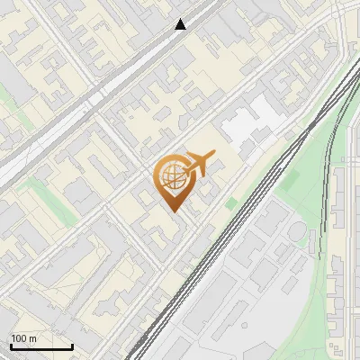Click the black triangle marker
click(x=181, y=24)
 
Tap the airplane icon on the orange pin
click(x=198, y=165)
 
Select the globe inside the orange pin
click(x=171, y=178)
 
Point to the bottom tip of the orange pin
click(x=173, y=211)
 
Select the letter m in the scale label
click(x=33, y=339)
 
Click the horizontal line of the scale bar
click(x=41, y=347)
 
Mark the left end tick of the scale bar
click(x=10, y=346)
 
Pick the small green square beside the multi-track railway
click(x=231, y=204)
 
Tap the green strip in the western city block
click(x=36, y=190)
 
